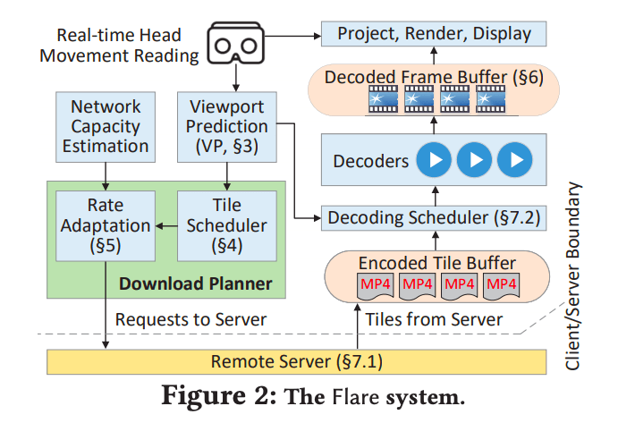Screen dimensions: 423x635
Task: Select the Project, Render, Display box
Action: click(434, 35)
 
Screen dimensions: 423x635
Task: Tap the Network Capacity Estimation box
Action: click(110, 126)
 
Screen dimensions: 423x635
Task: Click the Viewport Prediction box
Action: click(233, 126)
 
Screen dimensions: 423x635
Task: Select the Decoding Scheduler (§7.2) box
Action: click(434, 216)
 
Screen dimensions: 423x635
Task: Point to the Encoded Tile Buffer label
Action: click(437, 263)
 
